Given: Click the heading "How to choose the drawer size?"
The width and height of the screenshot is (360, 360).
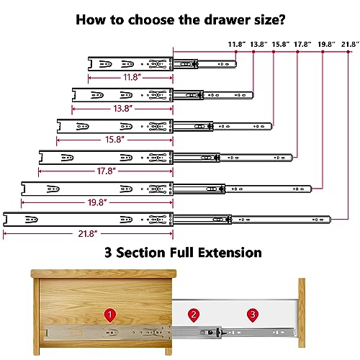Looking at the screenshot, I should (x=179, y=18).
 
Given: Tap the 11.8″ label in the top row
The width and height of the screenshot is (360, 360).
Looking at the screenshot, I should (x=236, y=45).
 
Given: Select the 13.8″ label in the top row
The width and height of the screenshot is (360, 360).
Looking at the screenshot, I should (x=259, y=45).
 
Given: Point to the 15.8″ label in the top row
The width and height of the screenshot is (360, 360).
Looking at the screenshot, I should (x=282, y=45).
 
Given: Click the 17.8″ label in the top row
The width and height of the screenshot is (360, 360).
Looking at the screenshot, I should (x=304, y=45).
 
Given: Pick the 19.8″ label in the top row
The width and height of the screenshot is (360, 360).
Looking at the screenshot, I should (x=327, y=45).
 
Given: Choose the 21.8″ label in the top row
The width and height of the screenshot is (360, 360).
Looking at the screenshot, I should (x=349, y=45).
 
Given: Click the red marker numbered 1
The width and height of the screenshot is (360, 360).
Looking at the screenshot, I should (x=109, y=315).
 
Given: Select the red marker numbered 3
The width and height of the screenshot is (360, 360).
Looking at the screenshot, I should (x=252, y=315).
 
